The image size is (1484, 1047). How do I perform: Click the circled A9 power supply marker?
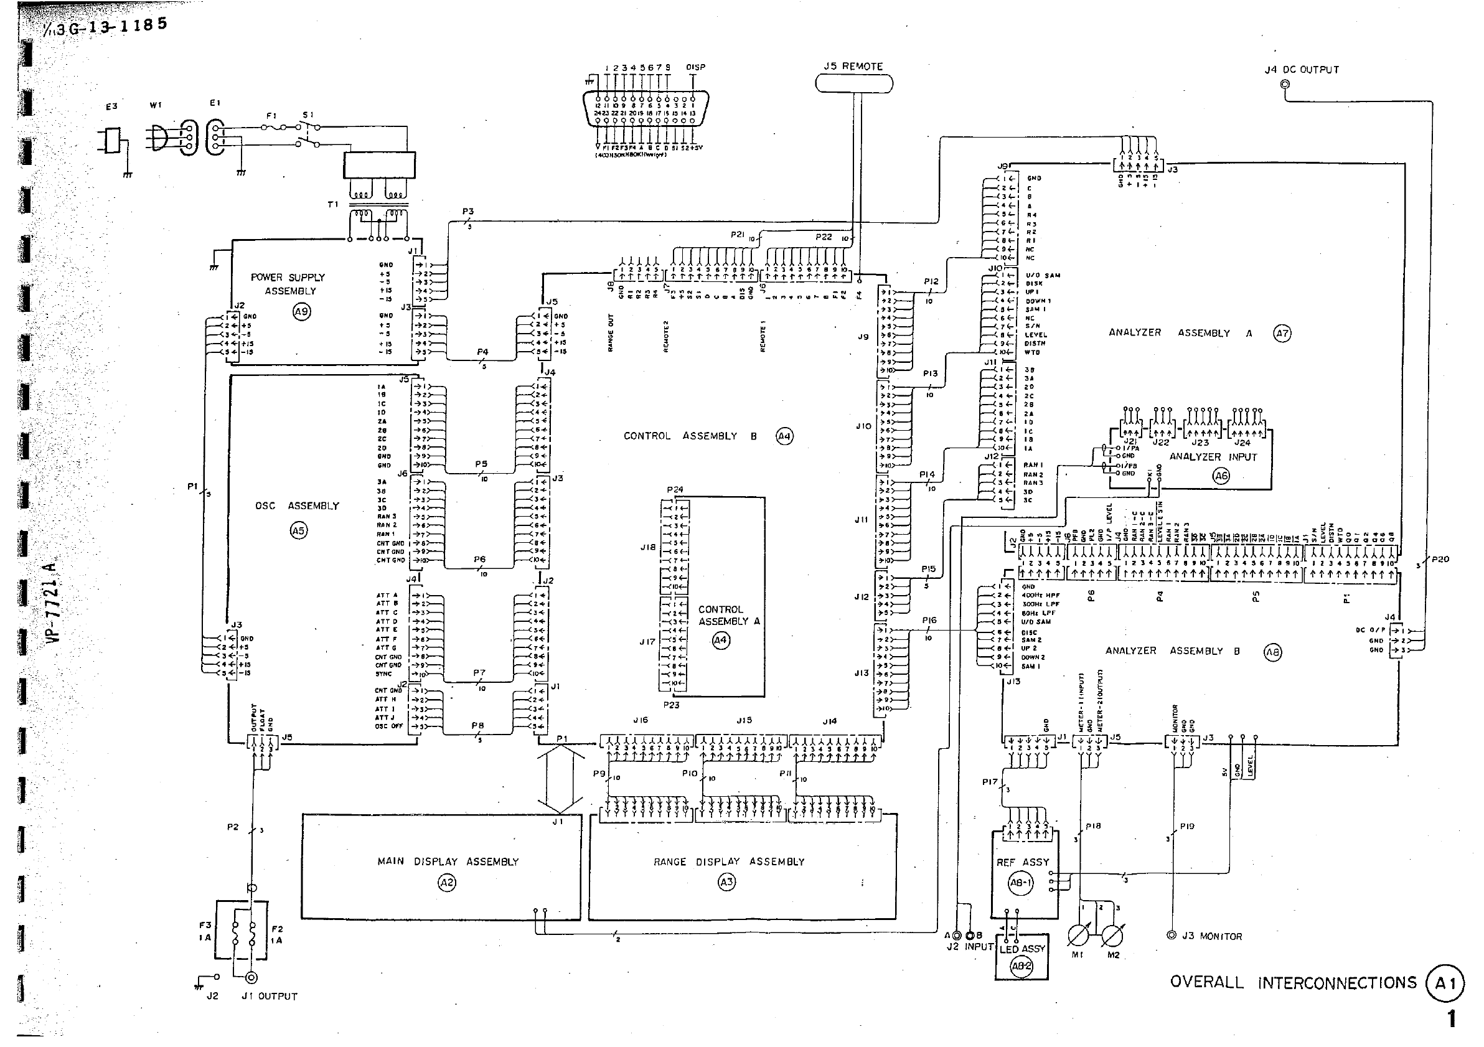click(301, 311)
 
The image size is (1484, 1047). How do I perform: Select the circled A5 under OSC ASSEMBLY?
click(298, 531)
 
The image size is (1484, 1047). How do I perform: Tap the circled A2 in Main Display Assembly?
click(446, 883)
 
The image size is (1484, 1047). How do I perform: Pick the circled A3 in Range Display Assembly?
click(726, 883)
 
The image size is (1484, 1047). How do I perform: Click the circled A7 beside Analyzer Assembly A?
click(1282, 334)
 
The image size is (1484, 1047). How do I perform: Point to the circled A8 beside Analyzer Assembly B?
click(1272, 652)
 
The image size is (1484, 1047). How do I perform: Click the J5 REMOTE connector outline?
click(854, 83)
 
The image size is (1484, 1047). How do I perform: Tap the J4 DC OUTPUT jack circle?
click(1285, 84)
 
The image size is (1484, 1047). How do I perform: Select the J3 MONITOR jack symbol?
click(1171, 935)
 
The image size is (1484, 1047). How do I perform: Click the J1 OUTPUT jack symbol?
click(251, 978)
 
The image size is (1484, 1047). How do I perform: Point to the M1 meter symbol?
click(1078, 935)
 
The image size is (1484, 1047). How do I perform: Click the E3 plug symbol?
click(112, 139)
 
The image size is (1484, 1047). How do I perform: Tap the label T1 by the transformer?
click(332, 205)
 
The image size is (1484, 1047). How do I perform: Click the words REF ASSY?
click(1023, 862)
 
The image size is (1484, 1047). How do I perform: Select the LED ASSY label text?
click(1022, 949)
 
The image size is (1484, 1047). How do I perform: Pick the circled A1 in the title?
click(1445, 983)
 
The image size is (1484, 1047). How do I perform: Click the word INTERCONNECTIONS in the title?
click(1336, 983)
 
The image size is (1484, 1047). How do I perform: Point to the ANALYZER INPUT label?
click(1213, 457)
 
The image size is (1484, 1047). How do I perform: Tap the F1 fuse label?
click(271, 116)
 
